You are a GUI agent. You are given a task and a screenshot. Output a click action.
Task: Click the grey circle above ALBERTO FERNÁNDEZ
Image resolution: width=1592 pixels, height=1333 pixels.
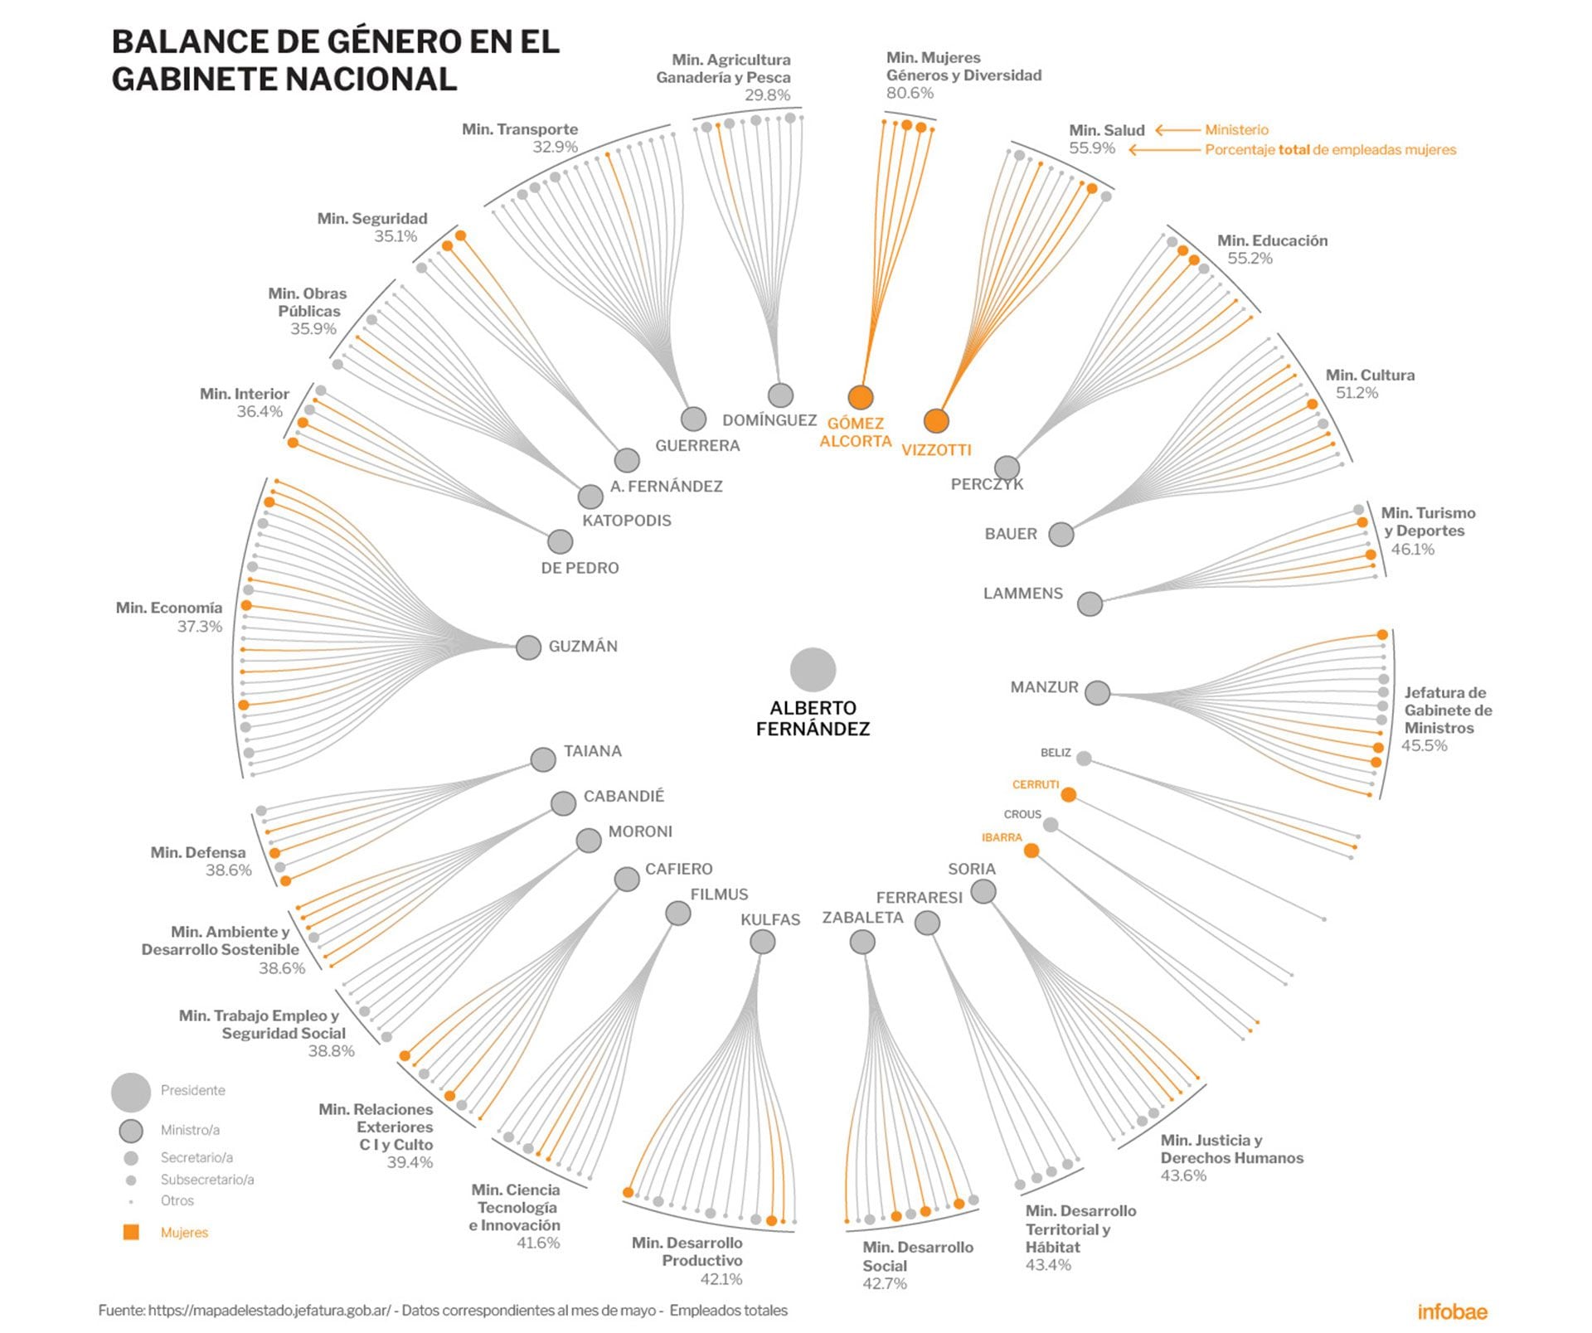pyautogui.click(x=813, y=670)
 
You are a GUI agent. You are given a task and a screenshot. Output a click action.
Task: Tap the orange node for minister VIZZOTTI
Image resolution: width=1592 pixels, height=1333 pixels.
pyautogui.click(x=936, y=421)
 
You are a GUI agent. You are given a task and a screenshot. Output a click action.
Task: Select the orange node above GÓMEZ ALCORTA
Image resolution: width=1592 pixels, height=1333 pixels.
pyautogui.click(x=861, y=398)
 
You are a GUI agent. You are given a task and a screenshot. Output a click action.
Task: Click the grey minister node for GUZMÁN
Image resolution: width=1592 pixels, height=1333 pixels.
pyautogui.click(x=528, y=647)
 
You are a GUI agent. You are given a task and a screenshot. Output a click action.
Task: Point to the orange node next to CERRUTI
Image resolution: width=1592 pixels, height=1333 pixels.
pyautogui.click(x=1069, y=795)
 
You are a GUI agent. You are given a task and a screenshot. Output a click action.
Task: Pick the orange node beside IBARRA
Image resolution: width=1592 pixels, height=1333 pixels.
pyautogui.click(x=1031, y=851)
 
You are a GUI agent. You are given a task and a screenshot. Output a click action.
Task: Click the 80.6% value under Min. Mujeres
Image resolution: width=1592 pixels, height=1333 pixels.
pyautogui.click(x=910, y=94)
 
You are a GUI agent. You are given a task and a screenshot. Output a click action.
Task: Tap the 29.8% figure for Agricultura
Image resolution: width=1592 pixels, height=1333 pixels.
pyautogui.click(x=767, y=95)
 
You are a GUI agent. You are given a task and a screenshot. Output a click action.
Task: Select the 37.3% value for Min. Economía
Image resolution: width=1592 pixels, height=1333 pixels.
pyautogui.click(x=200, y=627)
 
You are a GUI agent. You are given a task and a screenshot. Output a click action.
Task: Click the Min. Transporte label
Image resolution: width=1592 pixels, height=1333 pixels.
pyautogui.click(x=520, y=129)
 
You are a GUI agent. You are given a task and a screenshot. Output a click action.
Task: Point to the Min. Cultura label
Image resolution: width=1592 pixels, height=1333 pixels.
pyautogui.click(x=1370, y=376)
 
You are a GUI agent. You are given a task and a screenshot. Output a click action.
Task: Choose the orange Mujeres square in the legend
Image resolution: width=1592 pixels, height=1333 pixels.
pyautogui.click(x=131, y=1233)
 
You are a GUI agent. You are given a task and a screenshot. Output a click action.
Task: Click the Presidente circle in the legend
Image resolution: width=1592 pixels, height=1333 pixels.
pyautogui.click(x=131, y=1092)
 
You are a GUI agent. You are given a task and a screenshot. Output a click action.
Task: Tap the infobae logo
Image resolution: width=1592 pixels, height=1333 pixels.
pyautogui.click(x=1452, y=1311)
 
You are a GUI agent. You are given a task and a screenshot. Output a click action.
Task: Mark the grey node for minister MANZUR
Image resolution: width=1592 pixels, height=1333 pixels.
pyautogui.click(x=1097, y=693)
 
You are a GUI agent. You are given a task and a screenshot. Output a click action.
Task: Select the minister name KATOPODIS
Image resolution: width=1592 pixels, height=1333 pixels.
pyautogui.click(x=627, y=521)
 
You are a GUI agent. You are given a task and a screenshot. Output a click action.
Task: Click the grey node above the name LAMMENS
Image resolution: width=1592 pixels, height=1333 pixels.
pyautogui.click(x=1090, y=604)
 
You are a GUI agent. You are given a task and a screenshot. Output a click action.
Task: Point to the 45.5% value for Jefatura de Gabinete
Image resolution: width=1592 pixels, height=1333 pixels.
pyautogui.click(x=1424, y=746)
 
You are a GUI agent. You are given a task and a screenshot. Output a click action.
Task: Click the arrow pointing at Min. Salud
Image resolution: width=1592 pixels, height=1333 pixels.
pyautogui.click(x=1177, y=130)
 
